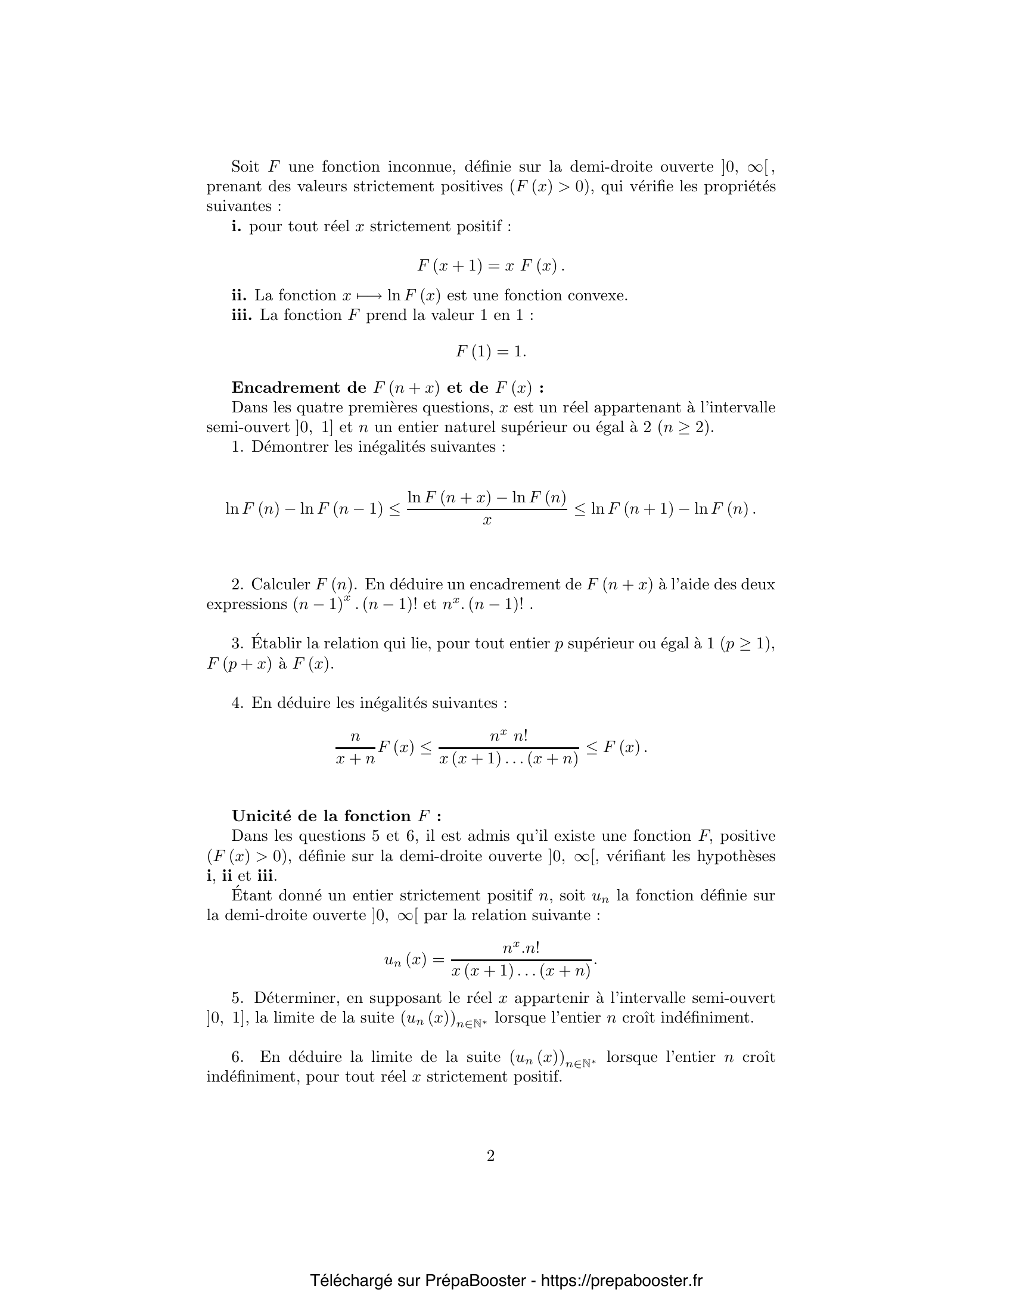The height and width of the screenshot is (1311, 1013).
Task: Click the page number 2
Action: tap(490, 1156)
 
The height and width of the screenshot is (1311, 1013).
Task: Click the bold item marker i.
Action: tap(237, 226)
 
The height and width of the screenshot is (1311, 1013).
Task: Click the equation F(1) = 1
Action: tap(490, 352)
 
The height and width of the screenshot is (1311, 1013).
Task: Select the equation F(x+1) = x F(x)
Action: tap(490, 266)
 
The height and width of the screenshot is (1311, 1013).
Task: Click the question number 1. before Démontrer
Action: tap(238, 447)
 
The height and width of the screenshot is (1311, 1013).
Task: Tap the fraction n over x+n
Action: tap(355, 748)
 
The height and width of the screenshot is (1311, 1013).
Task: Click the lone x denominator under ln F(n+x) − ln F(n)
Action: tap(487, 520)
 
